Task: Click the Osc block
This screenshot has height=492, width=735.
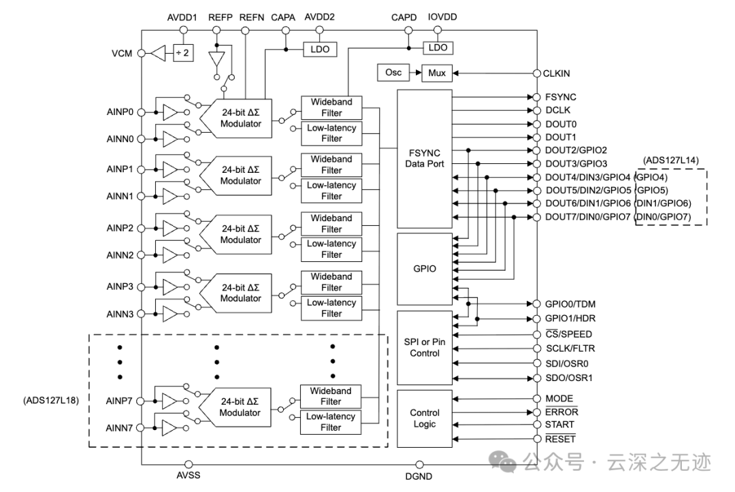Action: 393,73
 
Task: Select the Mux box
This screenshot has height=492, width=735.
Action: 437,73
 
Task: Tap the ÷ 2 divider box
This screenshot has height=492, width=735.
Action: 183,53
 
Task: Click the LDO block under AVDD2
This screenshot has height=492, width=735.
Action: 320,49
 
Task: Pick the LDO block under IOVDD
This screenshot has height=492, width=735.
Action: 438,48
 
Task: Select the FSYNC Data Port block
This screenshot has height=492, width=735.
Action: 425,159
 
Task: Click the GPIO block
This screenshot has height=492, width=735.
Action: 425,269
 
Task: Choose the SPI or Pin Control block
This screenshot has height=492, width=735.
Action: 425,348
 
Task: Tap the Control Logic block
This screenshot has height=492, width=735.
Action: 425,419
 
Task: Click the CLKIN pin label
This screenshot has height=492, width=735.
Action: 557,73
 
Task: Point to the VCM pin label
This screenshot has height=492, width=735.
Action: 122,53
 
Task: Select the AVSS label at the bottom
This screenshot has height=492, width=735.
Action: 189,475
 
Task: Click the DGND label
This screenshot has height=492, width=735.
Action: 419,476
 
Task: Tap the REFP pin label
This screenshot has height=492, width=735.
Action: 220,17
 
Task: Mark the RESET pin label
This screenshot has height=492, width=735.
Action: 560,439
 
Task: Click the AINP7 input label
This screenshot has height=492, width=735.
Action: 119,401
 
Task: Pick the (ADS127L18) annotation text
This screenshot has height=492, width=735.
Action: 51,401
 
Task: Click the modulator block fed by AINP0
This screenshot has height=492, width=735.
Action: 235,118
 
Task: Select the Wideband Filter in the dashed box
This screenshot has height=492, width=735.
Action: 331,397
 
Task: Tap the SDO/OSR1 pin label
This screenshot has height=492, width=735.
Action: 568,378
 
